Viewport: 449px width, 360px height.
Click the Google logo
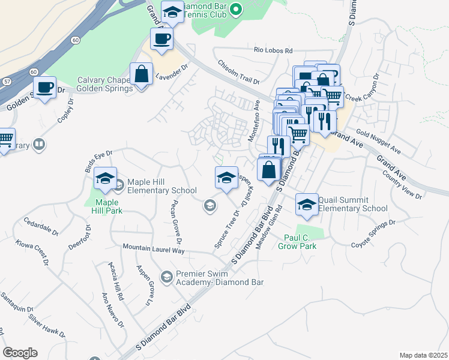coord(20,353)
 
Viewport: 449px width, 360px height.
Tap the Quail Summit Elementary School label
coord(352,204)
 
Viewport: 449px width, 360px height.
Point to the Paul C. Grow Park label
coord(300,241)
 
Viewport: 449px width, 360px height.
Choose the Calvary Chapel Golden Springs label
coord(105,85)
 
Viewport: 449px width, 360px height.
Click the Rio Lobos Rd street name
coord(273,51)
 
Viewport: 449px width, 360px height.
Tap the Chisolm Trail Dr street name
coord(238,71)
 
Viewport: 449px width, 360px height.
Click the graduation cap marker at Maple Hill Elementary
coord(105,179)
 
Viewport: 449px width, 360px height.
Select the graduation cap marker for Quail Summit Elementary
coord(307,204)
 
